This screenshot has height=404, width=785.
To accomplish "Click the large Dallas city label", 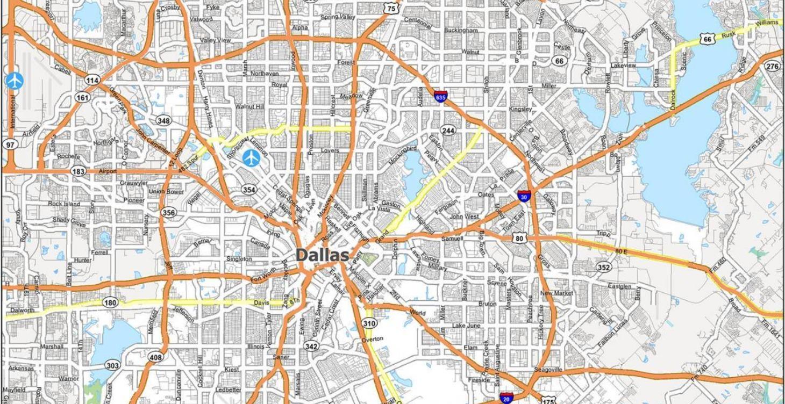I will click(323, 255).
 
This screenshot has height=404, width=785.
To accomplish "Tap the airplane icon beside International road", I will click(15, 81).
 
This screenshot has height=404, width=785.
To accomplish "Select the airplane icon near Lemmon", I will click(251, 157).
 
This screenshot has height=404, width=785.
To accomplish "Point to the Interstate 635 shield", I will click(440, 97).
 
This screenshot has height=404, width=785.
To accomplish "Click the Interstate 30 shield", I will click(524, 196).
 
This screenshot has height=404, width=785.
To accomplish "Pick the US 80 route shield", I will click(519, 238).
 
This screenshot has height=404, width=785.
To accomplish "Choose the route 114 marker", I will click(92, 80).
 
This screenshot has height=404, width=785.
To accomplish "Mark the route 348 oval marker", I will click(164, 120).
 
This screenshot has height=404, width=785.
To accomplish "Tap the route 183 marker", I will click(78, 171).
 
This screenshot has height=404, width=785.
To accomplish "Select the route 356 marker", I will click(169, 212).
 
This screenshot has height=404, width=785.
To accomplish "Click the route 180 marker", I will click(110, 303).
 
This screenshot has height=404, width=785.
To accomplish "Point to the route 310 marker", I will click(369, 323).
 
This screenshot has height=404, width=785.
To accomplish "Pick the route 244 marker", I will click(448, 131).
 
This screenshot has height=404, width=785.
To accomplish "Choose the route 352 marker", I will click(604, 267).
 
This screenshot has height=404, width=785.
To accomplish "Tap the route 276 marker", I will click(773, 66).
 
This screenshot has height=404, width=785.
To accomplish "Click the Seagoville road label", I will click(548, 370).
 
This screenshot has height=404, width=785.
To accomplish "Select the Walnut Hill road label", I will click(249, 106).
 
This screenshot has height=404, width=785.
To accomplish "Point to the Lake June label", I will click(466, 326).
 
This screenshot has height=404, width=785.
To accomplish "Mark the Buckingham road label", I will click(461, 31).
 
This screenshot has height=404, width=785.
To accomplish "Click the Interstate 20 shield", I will click(505, 399).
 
